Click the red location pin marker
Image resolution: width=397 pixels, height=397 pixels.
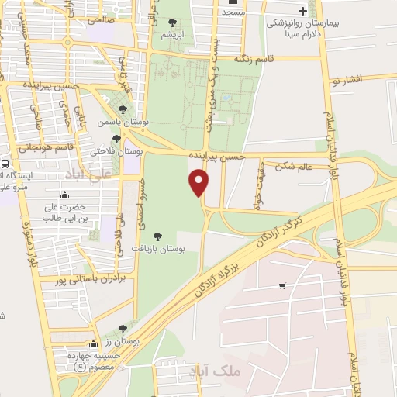pos(199,183)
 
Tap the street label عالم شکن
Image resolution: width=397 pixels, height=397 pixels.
pos(295,164)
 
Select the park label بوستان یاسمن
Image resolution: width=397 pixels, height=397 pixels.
pos(117,122)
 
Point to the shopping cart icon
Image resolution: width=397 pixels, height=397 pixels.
pos(281,286)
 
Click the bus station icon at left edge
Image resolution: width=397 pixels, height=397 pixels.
pos(5,164)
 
